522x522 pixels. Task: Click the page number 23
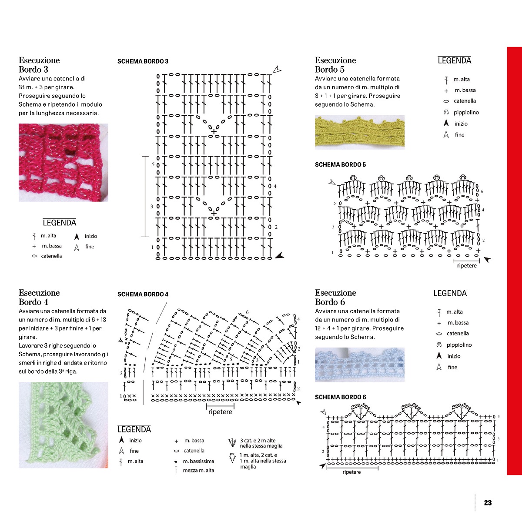488,502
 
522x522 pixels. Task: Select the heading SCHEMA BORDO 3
143,61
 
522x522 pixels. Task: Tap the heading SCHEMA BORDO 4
143,294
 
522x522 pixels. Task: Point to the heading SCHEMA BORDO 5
340,164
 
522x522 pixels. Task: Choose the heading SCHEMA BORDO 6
340,397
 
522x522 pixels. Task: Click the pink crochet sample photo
64,163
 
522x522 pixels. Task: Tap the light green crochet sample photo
64,425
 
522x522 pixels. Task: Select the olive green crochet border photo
359,132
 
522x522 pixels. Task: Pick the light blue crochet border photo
359,365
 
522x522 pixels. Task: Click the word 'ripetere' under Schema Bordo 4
220,412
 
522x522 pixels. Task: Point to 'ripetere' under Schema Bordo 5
467,265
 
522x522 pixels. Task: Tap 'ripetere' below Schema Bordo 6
351,472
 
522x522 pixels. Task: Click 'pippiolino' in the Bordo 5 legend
466,112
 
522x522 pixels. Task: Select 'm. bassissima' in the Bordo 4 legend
198,461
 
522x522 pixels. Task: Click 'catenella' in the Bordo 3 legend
51,256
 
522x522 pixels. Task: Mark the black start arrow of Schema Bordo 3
279,255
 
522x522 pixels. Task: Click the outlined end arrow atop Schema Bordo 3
277,70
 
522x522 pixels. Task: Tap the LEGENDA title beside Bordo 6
450,293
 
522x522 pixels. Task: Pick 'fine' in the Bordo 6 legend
452,367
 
